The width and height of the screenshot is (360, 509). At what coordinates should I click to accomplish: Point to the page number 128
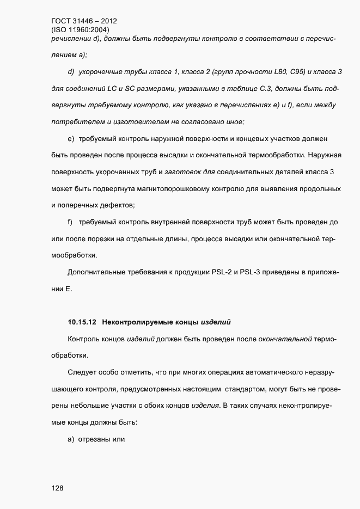(x=57, y=488)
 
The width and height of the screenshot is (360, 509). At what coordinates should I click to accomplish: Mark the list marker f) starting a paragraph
(x=70, y=222)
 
